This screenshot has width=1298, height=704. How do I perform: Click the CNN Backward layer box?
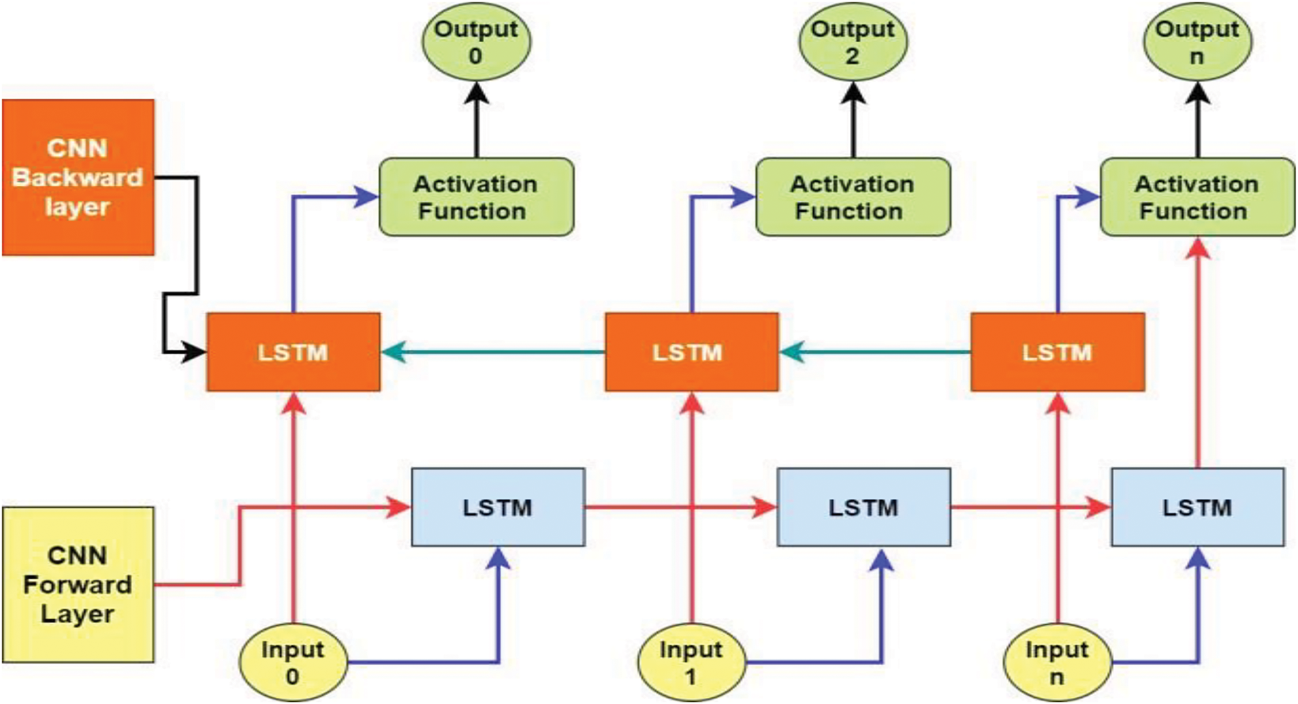(78, 178)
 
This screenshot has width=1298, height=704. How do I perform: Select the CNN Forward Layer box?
(78, 585)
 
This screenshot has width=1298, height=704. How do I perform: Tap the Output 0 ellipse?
(476, 42)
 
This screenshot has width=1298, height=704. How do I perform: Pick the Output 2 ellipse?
(853, 42)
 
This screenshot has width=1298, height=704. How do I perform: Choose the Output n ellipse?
(1197, 42)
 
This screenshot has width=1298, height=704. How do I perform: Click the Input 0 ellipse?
(293, 662)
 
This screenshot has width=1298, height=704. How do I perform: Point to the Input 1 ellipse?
(691, 662)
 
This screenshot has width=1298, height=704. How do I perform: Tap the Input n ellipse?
(1058, 662)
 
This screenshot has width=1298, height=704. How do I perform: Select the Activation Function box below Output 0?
(476, 197)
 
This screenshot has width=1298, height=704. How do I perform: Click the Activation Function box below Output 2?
(853, 197)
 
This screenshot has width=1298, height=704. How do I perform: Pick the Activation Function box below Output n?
(1197, 197)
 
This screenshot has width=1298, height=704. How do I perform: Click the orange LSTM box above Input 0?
(294, 352)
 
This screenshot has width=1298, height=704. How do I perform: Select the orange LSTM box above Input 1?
(692, 352)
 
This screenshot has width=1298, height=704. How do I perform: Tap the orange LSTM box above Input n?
(1058, 352)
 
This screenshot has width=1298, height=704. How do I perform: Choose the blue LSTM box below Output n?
(1198, 507)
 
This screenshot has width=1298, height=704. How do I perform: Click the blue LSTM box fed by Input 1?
(864, 507)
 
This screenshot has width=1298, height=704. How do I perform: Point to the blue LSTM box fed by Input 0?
(498, 507)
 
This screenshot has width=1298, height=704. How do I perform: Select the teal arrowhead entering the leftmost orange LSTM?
(394, 352)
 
